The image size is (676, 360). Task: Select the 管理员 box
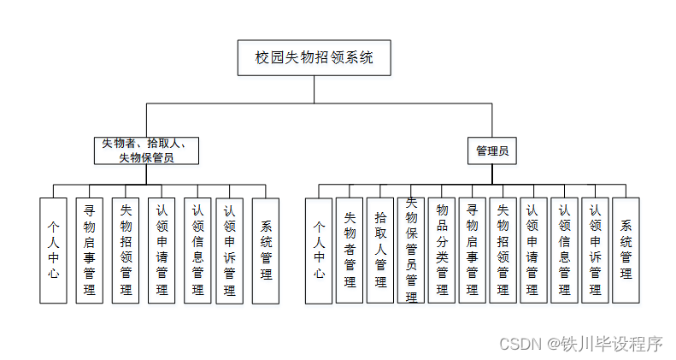pyautogui.click(x=492, y=150)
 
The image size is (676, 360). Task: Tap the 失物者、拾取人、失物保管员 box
pyautogui.click(x=146, y=150)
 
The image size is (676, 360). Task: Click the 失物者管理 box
pyautogui.click(x=350, y=249)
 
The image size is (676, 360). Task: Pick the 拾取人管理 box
pyautogui.click(x=380, y=249)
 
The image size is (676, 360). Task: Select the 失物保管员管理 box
pyautogui.click(x=411, y=249)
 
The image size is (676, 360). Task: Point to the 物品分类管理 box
pyautogui.click(x=442, y=249)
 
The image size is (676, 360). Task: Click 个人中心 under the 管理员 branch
pyautogui.click(x=319, y=249)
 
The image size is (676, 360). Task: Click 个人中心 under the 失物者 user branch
pyautogui.click(x=53, y=249)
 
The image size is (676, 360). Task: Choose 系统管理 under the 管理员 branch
pyautogui.click(x=626, y=249)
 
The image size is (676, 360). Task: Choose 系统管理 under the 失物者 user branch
pyautogui.click(x=266, y=249)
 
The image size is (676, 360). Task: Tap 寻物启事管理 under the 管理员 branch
pyautogui.click(x=472, y=249)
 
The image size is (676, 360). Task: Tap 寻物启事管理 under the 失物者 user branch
pyautogui.click(x=89, y=249)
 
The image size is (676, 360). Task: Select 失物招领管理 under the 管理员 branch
pyautogui.click(x=503, y=249)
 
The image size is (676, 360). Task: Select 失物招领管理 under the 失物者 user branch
pyautogui.click(x=126, y=249)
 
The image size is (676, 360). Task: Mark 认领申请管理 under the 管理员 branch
pyautogui.click(x=533, y=249)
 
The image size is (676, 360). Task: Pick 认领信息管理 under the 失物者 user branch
pyautogui.click(x=197, y=249)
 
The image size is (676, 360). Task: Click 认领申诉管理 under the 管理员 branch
pyautogui.click(x=595, y=249)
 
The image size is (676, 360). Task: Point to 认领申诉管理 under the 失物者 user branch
pyautogui.click(x=228, y=249)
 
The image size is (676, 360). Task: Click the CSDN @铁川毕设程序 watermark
pyautogui.click(x=580, y=344)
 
